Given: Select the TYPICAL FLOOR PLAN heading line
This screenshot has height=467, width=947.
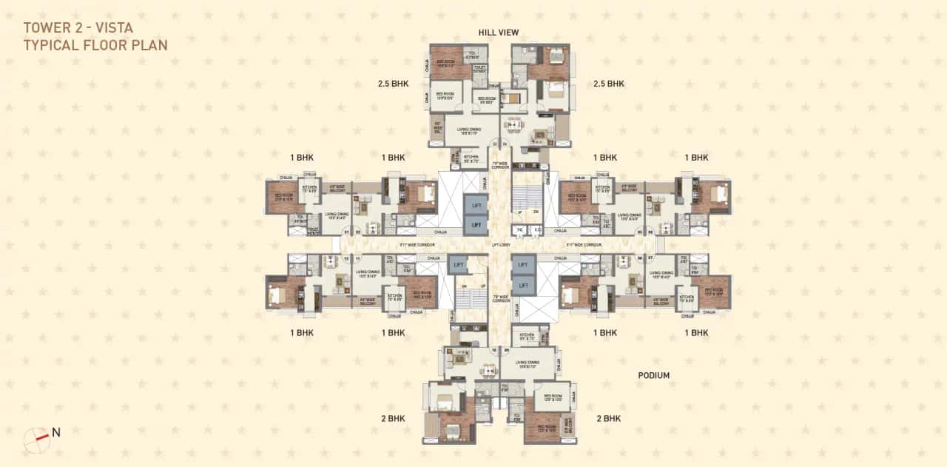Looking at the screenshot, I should (95, 45).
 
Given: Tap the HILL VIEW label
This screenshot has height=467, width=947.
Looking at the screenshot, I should (498, 33).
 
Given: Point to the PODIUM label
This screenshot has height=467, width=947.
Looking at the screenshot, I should (653, 376).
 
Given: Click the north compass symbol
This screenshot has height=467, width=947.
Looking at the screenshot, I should (36, 440).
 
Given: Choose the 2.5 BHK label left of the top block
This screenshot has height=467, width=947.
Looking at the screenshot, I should (393, 84).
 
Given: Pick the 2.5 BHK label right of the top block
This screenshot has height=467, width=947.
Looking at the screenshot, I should (608, 84).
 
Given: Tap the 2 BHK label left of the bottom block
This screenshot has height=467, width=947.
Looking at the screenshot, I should (394, 418).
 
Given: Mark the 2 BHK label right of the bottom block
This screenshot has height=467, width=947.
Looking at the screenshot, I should (608, 418).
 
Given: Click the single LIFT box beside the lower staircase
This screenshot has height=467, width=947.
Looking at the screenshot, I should (459, 264).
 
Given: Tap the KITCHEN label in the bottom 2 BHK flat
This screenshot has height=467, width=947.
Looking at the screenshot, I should (527, 337).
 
